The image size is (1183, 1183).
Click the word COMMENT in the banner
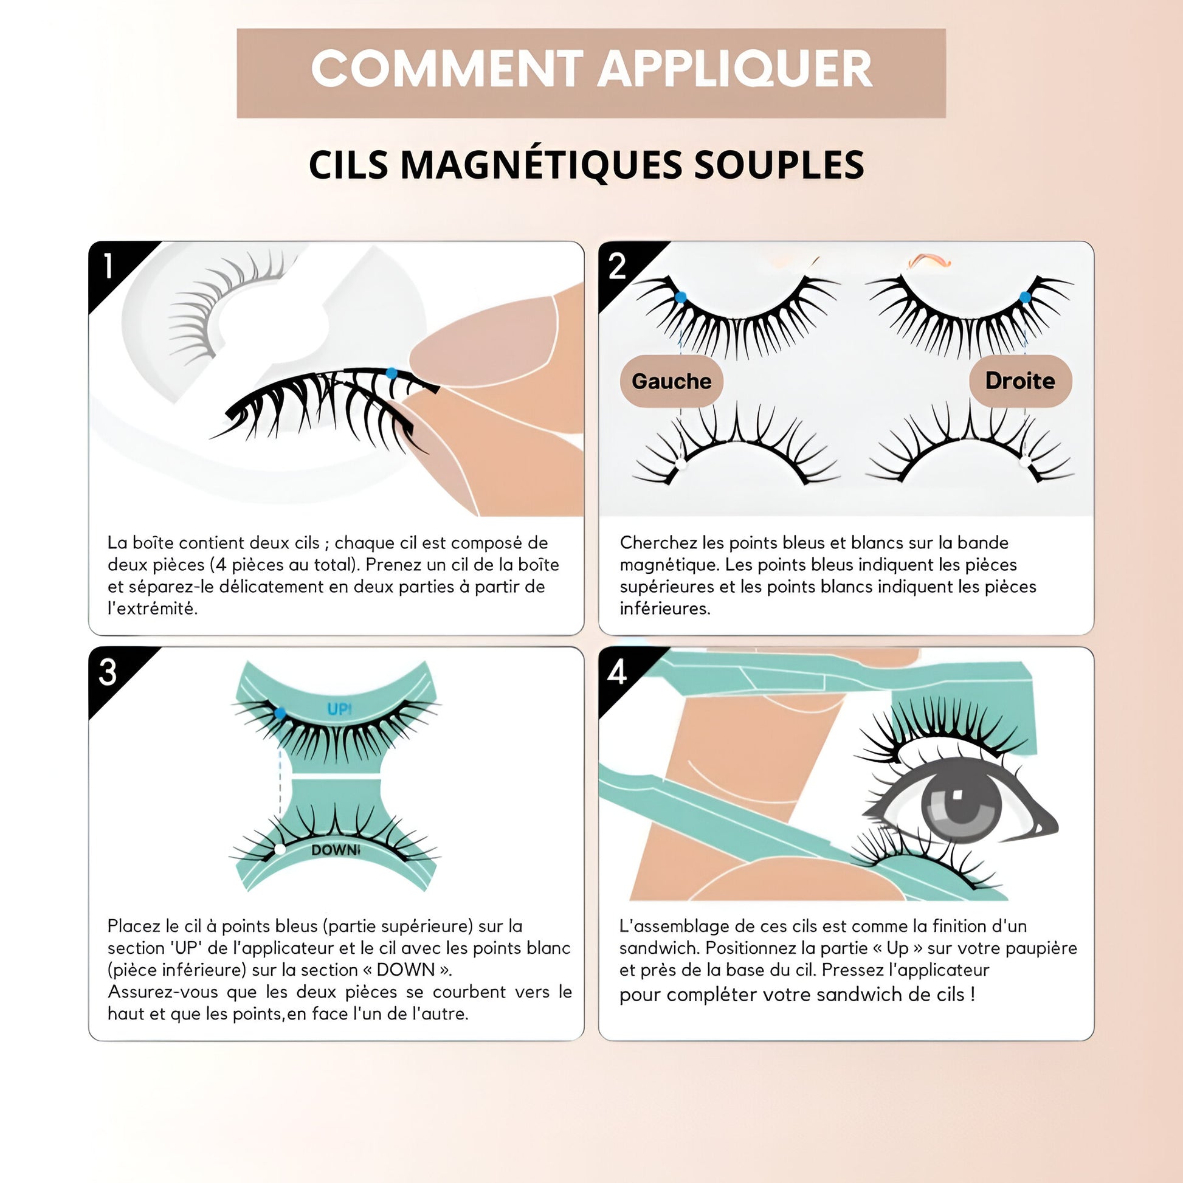(x=447, y=69)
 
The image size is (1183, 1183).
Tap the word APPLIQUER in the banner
(x=735, y=69)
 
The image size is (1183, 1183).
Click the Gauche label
(x=672, y=381)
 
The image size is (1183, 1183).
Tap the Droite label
(x=1020, y=381)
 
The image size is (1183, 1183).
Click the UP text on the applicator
(x=339, y=709)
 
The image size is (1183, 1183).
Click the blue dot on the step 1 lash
(x=392, y=373)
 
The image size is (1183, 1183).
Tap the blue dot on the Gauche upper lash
(x=680, y=298)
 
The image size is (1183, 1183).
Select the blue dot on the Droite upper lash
(x=1025, y=298)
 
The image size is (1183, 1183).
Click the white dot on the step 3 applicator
(x=280, y=849)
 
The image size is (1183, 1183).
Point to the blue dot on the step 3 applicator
(x=280, y=712)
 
